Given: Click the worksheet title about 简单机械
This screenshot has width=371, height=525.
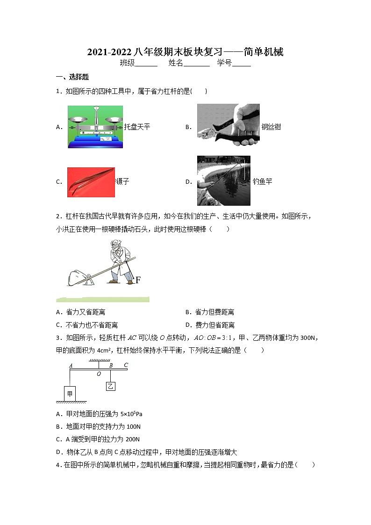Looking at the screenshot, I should pyautogui.click(x=185, y=52).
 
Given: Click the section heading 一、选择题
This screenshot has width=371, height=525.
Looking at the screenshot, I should pyautogui.click(x=72, y=77).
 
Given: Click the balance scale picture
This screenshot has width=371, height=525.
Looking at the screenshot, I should pyautogui.click(x=95, y=127).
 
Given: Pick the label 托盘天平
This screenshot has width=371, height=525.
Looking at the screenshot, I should pyautogui.click(x=137, y=127).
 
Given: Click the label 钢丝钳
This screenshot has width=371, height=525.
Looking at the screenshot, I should pyautogui.click(x=271, y=127).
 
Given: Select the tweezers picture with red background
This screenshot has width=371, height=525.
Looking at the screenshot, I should pyautogui.click(x=91, y=182).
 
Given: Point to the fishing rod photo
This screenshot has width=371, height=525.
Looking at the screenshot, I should pyautogui.click(x=223, y=180).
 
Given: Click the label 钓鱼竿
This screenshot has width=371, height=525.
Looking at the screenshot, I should pyautogui.click(x=262, y=181).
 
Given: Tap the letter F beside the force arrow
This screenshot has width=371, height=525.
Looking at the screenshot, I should pyautogui.click(x=138, y=280).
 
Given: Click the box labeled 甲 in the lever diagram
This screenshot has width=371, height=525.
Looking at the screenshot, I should pyautogui.click(x=70, y=394).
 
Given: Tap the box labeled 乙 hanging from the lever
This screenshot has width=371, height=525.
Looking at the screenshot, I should pyautogui.click(x=110, y=386).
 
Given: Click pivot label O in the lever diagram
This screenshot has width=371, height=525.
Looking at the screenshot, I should pyautogui.click(x=99, y=374).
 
